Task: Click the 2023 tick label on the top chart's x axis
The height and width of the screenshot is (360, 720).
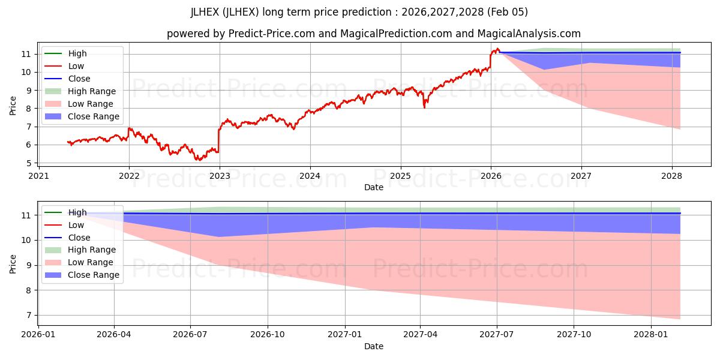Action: [220, 176]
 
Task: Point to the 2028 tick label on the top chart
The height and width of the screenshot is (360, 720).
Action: [672, 176]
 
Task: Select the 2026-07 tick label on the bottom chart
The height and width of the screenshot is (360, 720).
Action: [190, 334]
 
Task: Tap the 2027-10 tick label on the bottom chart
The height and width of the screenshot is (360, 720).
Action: [574, 334]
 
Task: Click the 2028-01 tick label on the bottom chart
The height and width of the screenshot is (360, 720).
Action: [650, 334]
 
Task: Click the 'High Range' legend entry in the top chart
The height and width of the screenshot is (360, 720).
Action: [92, 91]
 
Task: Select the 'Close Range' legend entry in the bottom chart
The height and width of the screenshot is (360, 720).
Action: [94, 275]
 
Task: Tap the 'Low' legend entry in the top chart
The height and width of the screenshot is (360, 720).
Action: [76, 66]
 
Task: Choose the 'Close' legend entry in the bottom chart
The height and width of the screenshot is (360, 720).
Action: [79, 238]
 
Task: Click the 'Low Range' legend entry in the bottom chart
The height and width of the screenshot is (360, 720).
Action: [91, 262]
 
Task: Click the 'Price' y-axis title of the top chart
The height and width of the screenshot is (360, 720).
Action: [13, 106]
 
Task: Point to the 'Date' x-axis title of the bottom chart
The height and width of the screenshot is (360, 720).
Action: [373, 346]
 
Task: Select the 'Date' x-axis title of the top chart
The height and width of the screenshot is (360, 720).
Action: [373, 188]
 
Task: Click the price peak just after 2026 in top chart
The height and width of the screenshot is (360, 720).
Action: [497, 49]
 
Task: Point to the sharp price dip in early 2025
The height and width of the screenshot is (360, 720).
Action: [425, 106]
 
